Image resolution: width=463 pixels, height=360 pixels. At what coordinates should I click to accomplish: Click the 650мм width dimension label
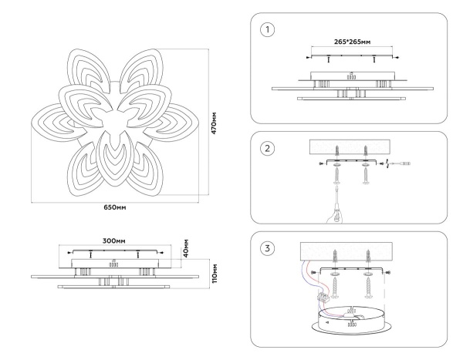[115, 207]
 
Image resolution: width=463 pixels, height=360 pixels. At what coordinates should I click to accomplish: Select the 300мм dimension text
[114, 239]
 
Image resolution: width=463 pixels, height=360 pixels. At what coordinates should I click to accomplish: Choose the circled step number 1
[267, 30]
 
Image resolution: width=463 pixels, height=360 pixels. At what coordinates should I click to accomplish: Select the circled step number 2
[267, 148]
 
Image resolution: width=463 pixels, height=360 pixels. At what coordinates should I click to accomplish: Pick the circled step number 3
[267, 248]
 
